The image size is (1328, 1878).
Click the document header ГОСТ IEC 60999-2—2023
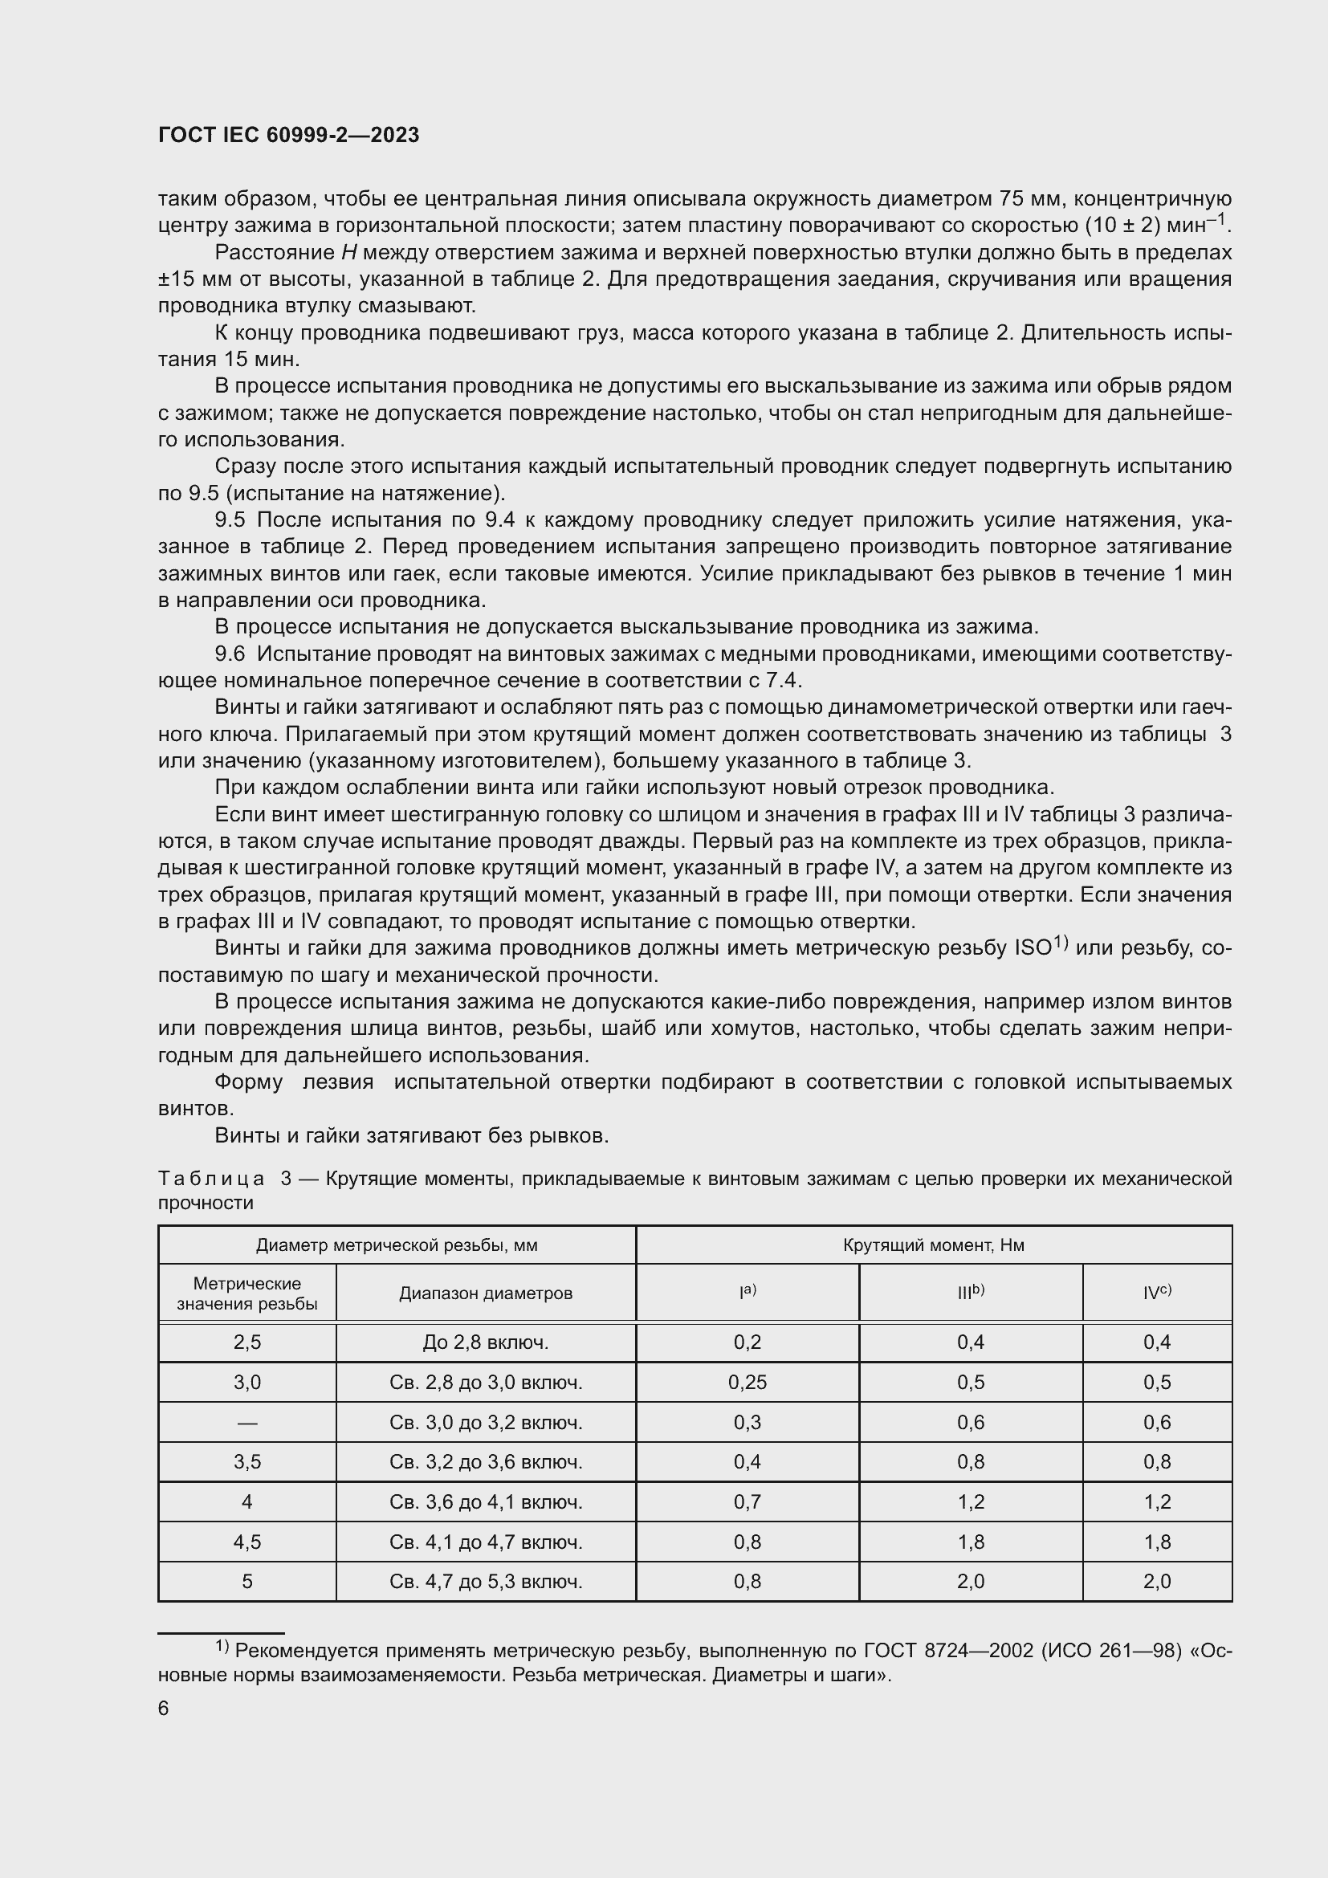point(289,136)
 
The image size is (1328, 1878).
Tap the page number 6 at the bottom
point(164,1709)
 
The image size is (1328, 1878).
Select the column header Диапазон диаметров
point(486,1293)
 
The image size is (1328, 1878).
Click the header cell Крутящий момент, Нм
point(933,1245)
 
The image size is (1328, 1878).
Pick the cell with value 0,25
point(748,1383)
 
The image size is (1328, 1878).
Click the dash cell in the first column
point(247,1423)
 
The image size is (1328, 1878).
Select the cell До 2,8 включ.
point(486,1342)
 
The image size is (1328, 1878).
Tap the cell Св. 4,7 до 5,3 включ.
point(486,1581)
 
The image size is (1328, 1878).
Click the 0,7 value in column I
point(748,1501)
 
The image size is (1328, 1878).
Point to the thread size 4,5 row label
point(247,1542)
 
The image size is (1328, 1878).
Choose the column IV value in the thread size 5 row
point(1157,1581)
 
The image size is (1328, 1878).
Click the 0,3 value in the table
point(748,1423)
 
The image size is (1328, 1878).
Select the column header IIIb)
point(971,1293)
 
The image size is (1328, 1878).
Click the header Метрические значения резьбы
point(247,1293)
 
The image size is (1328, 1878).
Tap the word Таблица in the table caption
point(211,1179)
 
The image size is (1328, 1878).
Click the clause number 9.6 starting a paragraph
point(230,654)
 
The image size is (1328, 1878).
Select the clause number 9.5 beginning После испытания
point(230,520)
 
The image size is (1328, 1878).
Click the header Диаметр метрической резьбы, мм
point(397,1245)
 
